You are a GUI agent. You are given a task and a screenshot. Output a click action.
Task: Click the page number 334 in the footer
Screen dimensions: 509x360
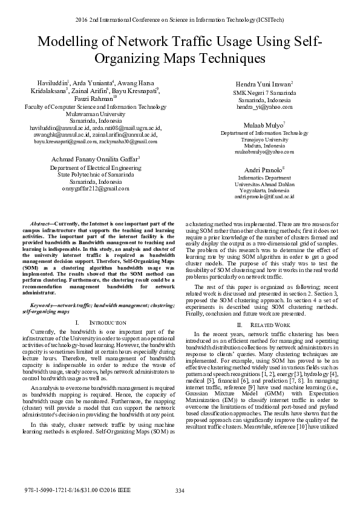(x=179, y=490)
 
